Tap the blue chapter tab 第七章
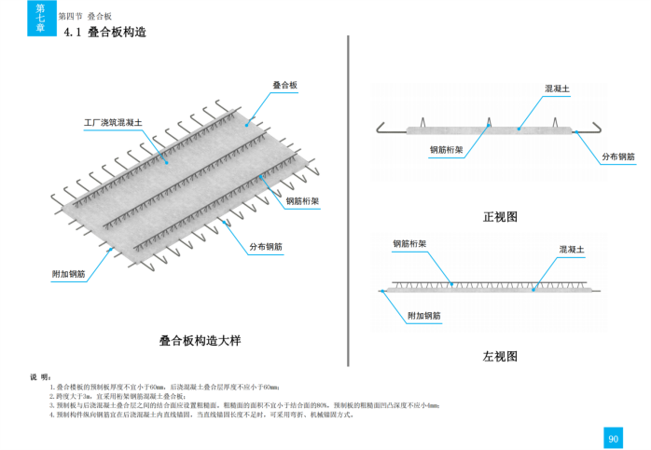point(40,17)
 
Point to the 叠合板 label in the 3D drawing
point(284,85)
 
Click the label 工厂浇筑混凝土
point(112,122)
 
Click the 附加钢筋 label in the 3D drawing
point(69,274)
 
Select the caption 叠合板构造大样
point(201,341)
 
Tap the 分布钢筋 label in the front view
point(618,157)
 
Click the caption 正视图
point(499,217)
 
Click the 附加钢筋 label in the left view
point(425,316)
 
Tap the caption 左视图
point(499,356)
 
